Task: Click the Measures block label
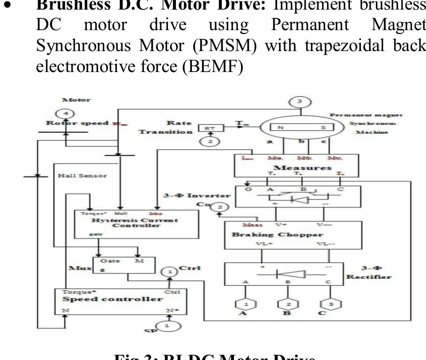click(x=302, y=168)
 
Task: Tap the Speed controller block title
click(x=113, y=299)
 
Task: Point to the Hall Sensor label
click(x=82, y=175)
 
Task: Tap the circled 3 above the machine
click(x=299, y=102)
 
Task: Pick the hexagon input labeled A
click(x=246, y=304)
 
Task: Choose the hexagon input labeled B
click(x=288, y=304)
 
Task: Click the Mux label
click(x=78, y=267)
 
